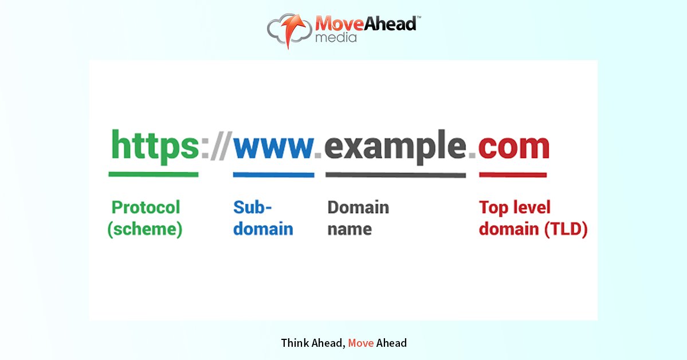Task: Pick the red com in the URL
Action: tap(514, 147)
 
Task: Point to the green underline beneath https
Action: tap(154, 174)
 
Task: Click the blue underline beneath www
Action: tap(273, 174)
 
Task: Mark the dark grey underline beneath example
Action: tap(395, 175)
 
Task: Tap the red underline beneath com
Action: tap(513, 174)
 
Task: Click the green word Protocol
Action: tap(146, 208)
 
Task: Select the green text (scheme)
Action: tap(145, 229)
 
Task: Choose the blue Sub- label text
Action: tap(253, 208)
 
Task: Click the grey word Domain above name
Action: tap(358, 208)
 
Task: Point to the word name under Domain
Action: tap(350, 229)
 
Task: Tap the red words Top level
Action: tap(515, 208)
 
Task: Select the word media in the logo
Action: tap(336, 38)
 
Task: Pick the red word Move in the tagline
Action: tap(361, 343)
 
